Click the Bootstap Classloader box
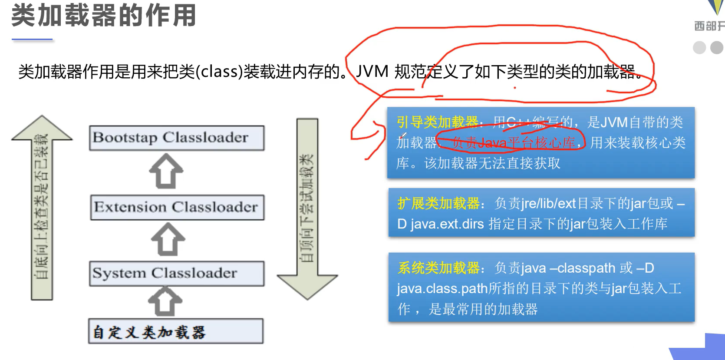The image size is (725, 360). tap(177, 138)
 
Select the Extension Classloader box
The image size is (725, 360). tap(177, 207)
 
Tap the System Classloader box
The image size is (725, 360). tap(177, 273)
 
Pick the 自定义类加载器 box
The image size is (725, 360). tap(176, 331)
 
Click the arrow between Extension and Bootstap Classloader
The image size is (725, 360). tap(166, 172)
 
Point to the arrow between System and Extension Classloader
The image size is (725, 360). tap(168, 239)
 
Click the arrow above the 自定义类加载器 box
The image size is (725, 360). tap(165, 301)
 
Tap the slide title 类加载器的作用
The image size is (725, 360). tap(104, 16)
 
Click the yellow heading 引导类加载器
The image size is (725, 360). tap(438, 122)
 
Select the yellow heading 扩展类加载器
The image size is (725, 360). tap(438, 203)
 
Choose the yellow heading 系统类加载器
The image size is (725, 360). tap(439, 268)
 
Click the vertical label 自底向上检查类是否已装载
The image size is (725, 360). tap(41, 206)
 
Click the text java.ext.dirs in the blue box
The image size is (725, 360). tap(447, 224)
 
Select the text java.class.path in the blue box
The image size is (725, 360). tap(442, 289)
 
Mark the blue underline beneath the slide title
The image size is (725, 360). tap(32, 40)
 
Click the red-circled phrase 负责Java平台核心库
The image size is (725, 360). tap(513, 142)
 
